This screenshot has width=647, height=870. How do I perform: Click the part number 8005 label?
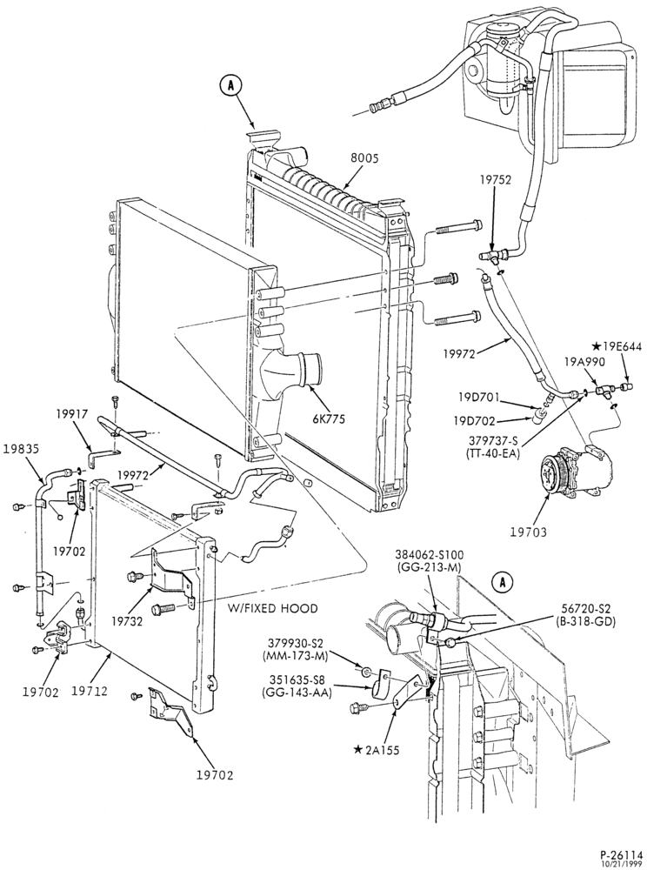point(364,158)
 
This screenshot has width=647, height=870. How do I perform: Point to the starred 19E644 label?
point(617,347)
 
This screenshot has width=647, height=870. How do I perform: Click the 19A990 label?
point(582,362)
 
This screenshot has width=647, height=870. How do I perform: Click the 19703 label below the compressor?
point(529,532)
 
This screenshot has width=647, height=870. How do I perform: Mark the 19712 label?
point(90,692)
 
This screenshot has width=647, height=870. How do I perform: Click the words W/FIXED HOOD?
point(273,609)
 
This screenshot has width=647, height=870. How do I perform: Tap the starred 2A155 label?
point(377,750)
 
